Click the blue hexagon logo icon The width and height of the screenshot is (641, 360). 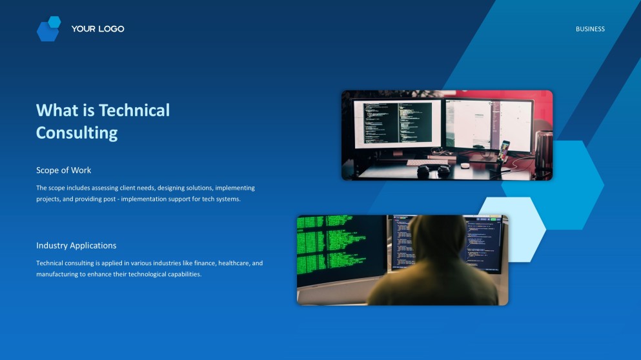click(x=48, y=29)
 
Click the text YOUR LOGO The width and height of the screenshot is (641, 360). click(x=97, y=29)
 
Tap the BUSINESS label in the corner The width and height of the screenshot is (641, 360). click(x=590, y=29)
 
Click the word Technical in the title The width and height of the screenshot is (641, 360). click(x=134, y=110)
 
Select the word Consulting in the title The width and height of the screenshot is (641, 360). click(x=77, y=133)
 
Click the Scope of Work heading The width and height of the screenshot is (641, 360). click(x=64, y=170)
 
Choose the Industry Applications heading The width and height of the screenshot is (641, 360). click(x=76, y=246)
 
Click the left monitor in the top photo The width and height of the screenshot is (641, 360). click(x=397, y=123)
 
